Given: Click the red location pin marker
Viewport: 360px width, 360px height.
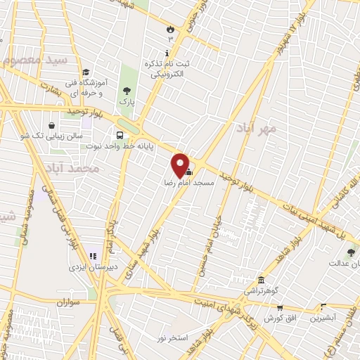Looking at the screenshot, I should pyautogui.click(x=181, y=165).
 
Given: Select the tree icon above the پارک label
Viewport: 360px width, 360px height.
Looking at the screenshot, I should pyautogui.click(x=127, y=91).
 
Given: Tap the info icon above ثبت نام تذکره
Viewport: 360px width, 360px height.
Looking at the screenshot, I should pyautogui.click(x=167, y=53).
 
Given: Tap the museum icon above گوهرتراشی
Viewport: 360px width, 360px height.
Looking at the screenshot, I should pyautogui.click(x=261, y=279).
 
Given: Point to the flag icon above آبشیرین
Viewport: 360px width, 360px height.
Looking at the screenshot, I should pyautogui.click(x=323, y=307).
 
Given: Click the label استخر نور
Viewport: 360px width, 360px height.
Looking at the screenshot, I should pyautogui.click(x=172, y=338).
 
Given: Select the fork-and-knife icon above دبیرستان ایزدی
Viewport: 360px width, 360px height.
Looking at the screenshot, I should pyautogui.click(x=92, y=256).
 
